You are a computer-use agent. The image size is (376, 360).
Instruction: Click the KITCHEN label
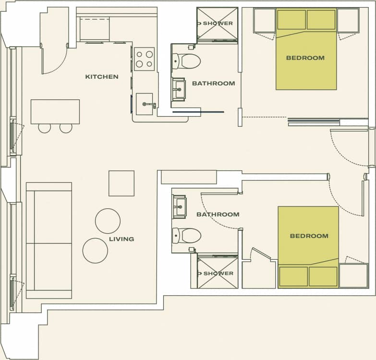pyautogui.click(x=102, y=77)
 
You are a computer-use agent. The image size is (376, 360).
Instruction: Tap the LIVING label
pyautogui.click(x=121, y=239)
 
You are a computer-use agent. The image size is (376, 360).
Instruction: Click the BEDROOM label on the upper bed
pyautogui.click(x=305, y=58)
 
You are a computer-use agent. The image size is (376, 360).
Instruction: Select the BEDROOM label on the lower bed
pyautogui.click(x=309, y=236)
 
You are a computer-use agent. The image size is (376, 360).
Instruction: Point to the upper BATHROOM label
pyautogui.click(x=214, y=84)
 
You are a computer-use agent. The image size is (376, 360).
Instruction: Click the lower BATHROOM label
pyautogui.click(x=218, y=215)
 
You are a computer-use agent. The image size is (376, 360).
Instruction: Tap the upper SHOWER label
pyautogui.click(x=218, y=24)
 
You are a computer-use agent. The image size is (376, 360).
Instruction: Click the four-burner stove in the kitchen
pyautogui.click(x=144, y=59)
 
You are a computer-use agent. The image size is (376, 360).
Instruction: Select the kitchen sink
pyautogui.click(x=145, y=104)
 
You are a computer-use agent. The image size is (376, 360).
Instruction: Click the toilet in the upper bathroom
pyautogui.click(x=187, y=61)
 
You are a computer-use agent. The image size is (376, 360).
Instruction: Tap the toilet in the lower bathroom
pyautogui.click(x=187, y=235)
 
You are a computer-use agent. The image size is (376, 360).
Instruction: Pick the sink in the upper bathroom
pyautogui.click(x=179, y=89)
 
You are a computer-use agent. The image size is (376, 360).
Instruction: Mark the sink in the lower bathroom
pyautogui.click(x=180, y=207)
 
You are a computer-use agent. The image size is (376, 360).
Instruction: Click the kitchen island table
pyautogui.click(x=55, y=112)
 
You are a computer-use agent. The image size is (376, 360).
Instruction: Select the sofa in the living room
pyautogui.click(x=49, y=240)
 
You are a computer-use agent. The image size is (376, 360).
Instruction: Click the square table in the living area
pyautogui.click(x=121, y=183)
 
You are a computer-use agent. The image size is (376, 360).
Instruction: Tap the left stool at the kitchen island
pyautogui.click(x=45, y=128)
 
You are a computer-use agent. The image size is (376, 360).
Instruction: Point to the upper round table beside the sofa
pyautogui.click(x=108, y=221)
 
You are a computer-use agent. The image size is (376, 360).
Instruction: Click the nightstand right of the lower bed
pyautogui.click(x=353, y=276)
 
